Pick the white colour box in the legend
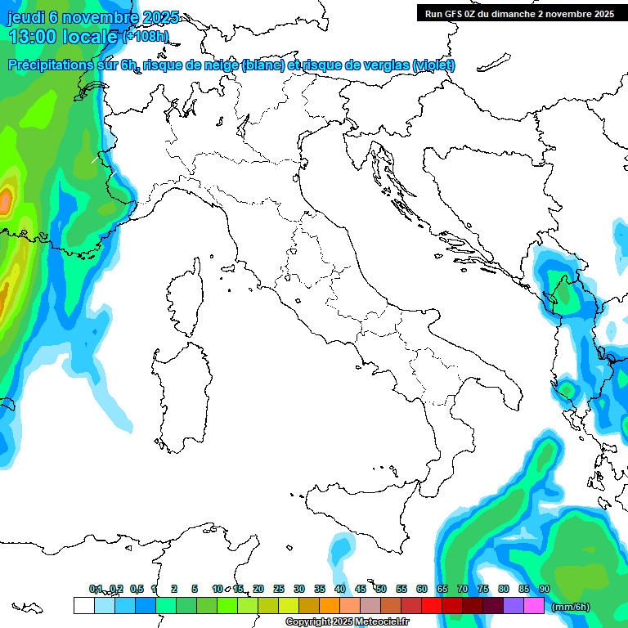[x=83, y=605]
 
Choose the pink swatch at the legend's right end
[x=534, y=605]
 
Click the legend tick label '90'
[x=545, y=589]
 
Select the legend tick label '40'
[x=340, y=589]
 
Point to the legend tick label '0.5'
[x=137, y=589]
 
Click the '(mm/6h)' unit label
[x=570, y=607]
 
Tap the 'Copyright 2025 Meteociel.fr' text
[x=347, y=621]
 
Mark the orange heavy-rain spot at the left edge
[x=7, y=199]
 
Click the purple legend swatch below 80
[x=514, y=605]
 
